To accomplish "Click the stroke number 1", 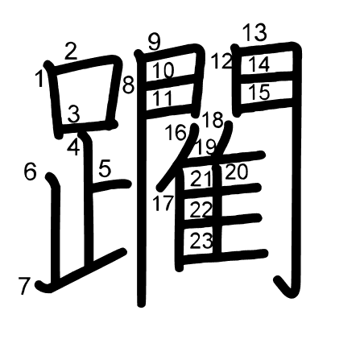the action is coord(39,79).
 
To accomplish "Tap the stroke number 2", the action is coord(71,52).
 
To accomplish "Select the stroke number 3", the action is coord(73,114).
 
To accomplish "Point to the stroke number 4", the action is coord(73,147).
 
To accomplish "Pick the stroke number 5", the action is coord(105,168).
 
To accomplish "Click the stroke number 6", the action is coord(30,172).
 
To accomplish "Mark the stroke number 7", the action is coord(24,286).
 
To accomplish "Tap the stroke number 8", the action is coord(128,85).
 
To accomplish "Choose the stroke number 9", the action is coord(154,43).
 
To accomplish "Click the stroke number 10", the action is coord(163,70).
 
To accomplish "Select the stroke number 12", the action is coord(221,61).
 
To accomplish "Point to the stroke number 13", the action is coord(254,32).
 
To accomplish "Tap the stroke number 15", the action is coord(259,92).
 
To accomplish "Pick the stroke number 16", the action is coord(176,132).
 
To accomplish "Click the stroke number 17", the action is coord(163,203).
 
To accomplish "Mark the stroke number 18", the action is coord(213,120).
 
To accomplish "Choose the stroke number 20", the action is coord(237,172).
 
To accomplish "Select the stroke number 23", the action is coord(201,241).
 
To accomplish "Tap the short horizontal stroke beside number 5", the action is coord(111,185).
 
